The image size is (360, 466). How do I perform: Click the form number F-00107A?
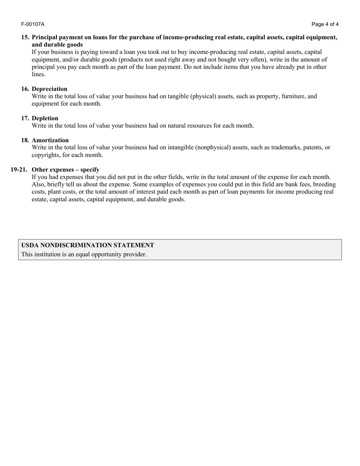33,24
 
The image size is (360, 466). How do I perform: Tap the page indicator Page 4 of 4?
325,24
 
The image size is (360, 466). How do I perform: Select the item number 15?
25,38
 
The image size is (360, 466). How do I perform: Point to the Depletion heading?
45,118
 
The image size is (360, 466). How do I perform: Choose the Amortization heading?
50,140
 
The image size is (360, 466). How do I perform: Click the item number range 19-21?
19,170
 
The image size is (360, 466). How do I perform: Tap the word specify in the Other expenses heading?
89,170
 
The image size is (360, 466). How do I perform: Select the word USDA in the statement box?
30,246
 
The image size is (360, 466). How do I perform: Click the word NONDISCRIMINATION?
76,246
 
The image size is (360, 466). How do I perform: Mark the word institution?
47,255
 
